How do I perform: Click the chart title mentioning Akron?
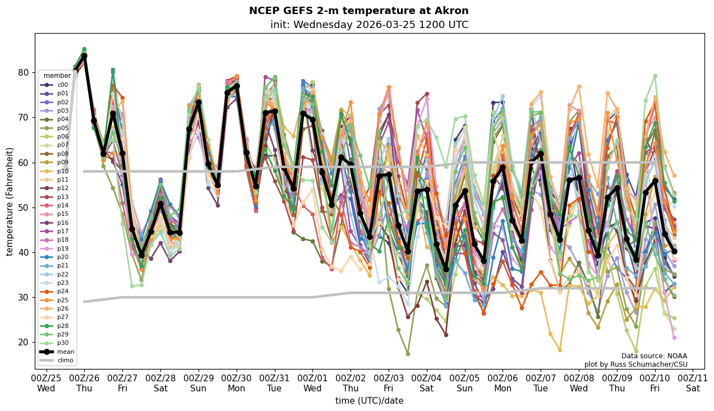click(358, 11)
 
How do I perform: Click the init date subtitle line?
click(369, 25)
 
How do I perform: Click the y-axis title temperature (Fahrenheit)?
click(10, 201)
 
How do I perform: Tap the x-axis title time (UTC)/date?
click(369, 401)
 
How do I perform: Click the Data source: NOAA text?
click(654, 356)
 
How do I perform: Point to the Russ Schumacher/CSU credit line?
click(636, 364)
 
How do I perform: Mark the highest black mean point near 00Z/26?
click(84, 56)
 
